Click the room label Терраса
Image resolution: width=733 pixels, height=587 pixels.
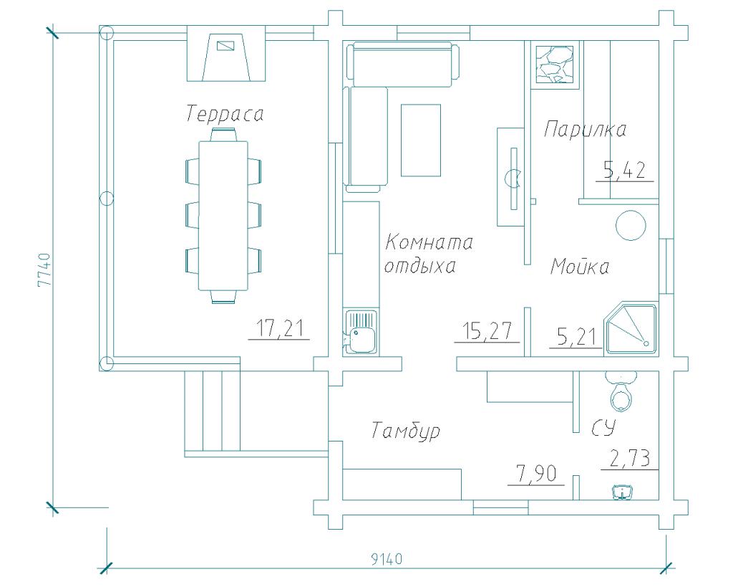click(x=225, y=114)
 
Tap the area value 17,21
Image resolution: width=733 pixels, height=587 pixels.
click(x=280, y=328)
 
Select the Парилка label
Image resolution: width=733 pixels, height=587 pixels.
click(x=585, y=129)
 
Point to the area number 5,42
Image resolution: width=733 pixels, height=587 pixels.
click(x=624, y=171)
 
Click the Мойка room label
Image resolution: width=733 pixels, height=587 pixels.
click(x=580, y=267)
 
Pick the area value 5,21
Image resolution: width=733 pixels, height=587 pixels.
click(x=577, y=337)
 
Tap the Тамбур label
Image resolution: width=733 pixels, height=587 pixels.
click(x=406, y=430)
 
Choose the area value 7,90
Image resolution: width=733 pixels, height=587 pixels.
click(x=536, y=474)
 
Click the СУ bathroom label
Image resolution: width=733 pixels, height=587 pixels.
click(x=603, y=427)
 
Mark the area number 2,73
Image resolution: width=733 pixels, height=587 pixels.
click(x=630, y=458)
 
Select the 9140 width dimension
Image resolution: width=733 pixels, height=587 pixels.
click(x=387, y=559)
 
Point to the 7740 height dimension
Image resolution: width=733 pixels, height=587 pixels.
click(x=44, y=270)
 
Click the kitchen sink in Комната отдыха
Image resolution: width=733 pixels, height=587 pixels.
click(x=361, y=333)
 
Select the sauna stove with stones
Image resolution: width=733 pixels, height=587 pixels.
click(x=555, y=65)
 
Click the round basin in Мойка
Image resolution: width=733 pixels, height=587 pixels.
click(x=631, y=225)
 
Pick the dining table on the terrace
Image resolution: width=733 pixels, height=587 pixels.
click(x=223, y=216)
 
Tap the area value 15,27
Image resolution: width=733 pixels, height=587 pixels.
click(x=487, y=331)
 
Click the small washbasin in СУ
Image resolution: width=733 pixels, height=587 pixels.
click(x=623, y=492)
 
